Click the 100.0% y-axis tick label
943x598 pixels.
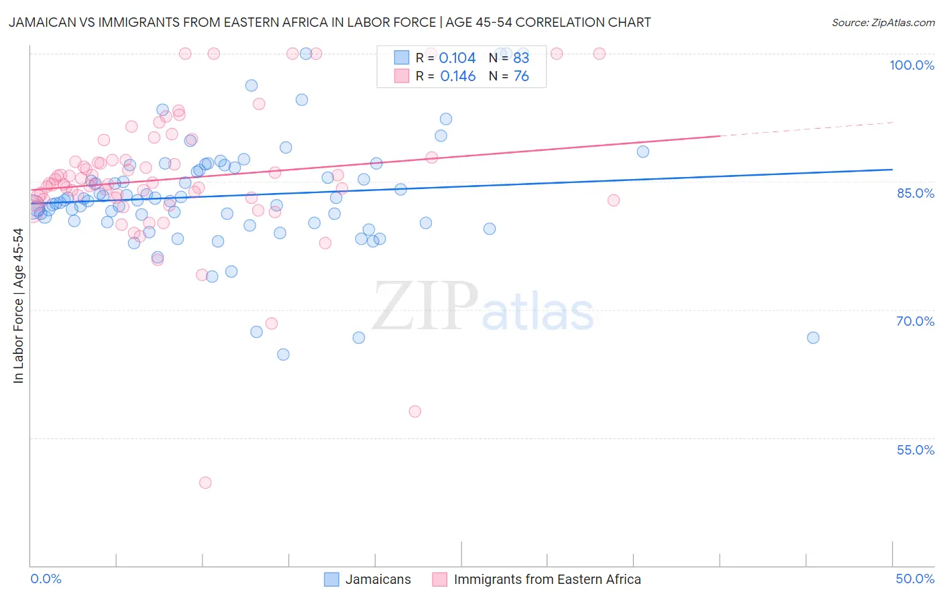(911, 65)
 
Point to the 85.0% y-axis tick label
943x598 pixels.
(916, 193)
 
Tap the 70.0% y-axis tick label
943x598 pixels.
(916, 321)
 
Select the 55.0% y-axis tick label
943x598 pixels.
(916, 450)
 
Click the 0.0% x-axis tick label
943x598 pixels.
(46, 579)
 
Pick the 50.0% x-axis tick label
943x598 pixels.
(915, 579)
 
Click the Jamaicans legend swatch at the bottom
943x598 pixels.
(331, 579)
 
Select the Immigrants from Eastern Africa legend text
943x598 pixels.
(547, 579)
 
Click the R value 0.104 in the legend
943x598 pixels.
(457, 58)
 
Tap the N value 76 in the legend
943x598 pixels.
(521, 76)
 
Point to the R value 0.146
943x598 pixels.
(457, 76)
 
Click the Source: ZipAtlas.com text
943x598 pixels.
(883, 23)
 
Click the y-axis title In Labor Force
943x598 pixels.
(18, 306)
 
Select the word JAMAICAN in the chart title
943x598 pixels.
(42, 23)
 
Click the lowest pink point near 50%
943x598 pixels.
(205, 483)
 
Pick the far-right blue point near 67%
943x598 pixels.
(813, 338)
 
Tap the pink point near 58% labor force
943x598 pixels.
(414, 412)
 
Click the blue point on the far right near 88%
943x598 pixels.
(643, 152)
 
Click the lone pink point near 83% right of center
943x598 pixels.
(613, 200)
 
